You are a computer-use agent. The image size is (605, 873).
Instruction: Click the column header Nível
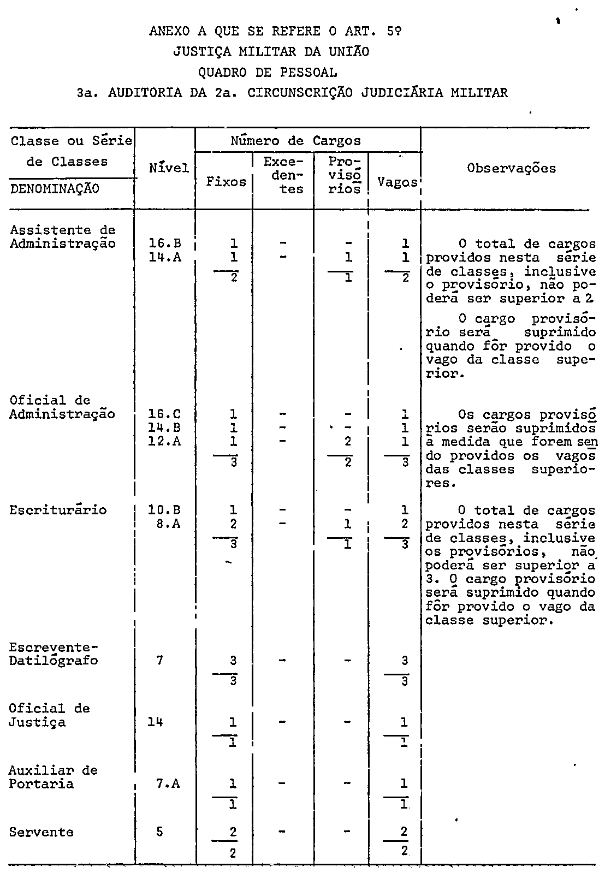(x=169, y=168)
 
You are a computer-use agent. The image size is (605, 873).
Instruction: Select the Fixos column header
(x=226, y=182)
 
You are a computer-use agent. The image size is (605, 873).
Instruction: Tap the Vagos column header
(x=397, y=182)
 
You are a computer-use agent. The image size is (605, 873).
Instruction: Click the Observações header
(x=512, y=168)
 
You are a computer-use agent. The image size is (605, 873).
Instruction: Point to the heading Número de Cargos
(x=295, y=141)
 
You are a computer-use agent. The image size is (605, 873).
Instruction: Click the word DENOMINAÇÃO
(x=55, y=189)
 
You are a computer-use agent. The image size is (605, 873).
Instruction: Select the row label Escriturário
(x=58, y=510)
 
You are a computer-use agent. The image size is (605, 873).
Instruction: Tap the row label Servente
(x=41, y=832)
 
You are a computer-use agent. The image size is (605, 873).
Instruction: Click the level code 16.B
(x=165, y=244)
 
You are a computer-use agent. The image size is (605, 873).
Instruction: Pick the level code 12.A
(x=165, y=441)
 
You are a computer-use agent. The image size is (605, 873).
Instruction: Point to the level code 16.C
(x=165, y=414)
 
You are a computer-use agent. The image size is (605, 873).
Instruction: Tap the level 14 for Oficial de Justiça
(x=156, y=722)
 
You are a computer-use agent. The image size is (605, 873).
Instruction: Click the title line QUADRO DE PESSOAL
(x=268, y=72)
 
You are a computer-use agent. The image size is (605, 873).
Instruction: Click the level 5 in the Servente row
(x=159, y=832)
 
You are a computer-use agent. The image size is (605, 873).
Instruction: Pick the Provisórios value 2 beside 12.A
(x=348, y=441)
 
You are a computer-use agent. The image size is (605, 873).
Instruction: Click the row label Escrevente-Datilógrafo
(x=53, y=654)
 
